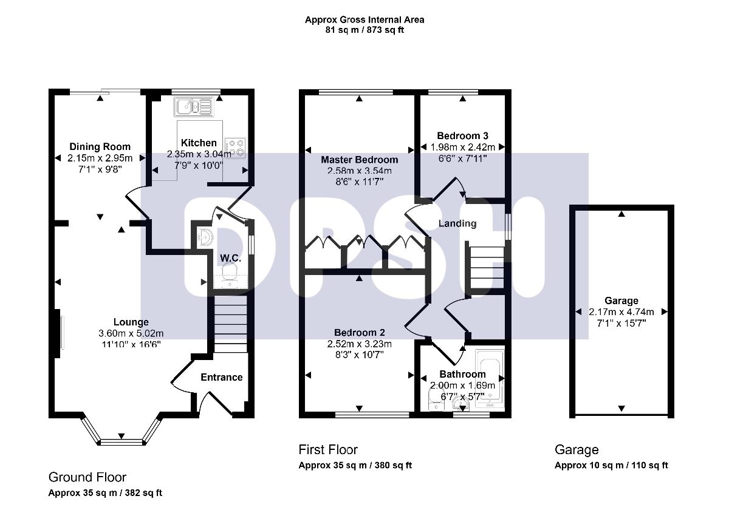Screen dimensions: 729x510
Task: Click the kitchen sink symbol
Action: [x=194, y=107]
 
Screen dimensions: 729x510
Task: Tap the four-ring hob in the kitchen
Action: [x=235, y=148]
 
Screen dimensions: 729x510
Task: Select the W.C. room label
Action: [x=231, y=258]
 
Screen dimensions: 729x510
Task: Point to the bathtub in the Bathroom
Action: [x=490, y=379]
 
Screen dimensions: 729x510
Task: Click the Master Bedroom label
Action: [x=359, y=160]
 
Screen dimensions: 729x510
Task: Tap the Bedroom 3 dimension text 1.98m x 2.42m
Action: [x=462, y=147]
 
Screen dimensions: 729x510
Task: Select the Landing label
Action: [x=457, y=223]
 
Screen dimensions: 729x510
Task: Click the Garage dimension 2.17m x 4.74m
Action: [x=621, y=312]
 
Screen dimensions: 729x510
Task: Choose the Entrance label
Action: [x=222, y=377]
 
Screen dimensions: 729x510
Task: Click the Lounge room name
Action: [x=131, y=322]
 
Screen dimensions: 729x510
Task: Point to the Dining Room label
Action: [x=100, y=147]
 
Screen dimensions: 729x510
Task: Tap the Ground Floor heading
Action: [x=87, y=477]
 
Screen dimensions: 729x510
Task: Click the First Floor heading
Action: [x=328, y=450]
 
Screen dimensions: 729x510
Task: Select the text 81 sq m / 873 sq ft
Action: [x=364, y=30]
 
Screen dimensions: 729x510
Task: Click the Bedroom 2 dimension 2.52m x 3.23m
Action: [x=359, y=344]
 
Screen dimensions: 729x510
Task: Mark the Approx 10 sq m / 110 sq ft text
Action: [x=611, y=466]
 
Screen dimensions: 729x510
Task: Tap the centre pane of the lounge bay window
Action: [x=122, y=442]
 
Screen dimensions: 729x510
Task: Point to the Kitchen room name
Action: [x=199, y=143]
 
